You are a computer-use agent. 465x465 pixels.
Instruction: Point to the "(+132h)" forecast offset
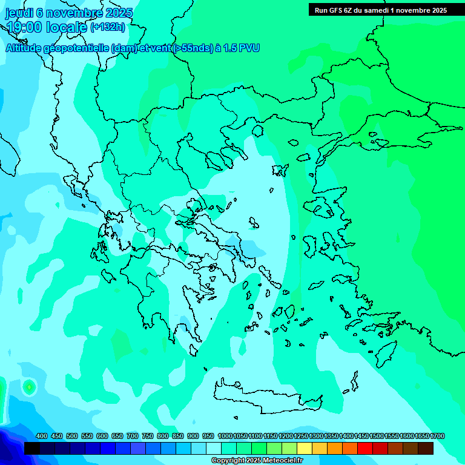(107, 27)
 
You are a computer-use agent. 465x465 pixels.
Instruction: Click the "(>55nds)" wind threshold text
(193, 48)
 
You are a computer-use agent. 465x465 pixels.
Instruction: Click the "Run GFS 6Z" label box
(378, 10)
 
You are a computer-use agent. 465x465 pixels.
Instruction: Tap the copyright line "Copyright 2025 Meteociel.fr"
(257, 461)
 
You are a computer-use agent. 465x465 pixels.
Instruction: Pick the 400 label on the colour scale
(42, 437)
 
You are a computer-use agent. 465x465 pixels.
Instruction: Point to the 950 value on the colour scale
(208, 437)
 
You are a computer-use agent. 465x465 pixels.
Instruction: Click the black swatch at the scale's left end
(32, 449)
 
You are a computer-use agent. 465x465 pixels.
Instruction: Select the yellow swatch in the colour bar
(305, 449)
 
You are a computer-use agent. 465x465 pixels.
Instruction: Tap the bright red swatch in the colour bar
(365, 449)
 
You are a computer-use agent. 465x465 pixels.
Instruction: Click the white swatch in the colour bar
(214, 449)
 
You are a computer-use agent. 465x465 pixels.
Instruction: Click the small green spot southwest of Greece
(28, 386)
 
